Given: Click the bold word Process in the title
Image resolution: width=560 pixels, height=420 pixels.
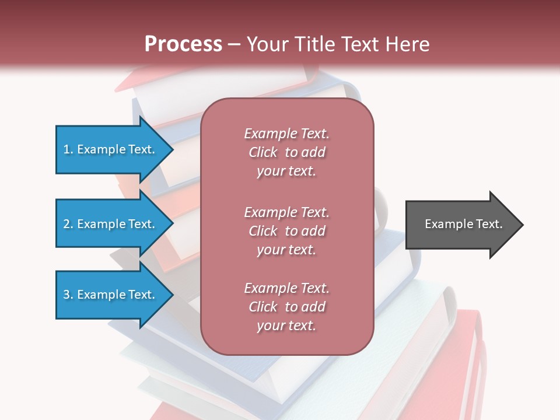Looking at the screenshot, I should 183,44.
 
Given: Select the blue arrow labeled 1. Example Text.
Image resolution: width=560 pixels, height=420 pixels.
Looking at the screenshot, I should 108,149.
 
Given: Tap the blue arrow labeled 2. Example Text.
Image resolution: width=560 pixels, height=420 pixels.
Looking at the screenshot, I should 108,224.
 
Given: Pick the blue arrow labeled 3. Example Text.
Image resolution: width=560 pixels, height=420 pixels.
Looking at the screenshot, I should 108,295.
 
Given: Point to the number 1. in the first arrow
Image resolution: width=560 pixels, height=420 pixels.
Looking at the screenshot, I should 68,149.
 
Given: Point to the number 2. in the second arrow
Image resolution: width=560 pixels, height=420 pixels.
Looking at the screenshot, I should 68,224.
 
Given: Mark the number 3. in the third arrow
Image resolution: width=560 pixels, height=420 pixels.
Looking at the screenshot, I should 68,295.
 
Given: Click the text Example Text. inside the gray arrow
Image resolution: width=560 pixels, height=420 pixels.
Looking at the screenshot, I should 463,224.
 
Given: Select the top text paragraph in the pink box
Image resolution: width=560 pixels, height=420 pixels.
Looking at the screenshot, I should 286,152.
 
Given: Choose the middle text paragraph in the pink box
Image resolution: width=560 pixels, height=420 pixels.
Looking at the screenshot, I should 286,231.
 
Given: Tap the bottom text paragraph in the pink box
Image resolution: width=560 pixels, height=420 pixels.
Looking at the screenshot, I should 286,307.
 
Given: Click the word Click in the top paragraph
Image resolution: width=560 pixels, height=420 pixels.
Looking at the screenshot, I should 263,152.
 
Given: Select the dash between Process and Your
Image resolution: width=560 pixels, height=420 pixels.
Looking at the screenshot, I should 235,44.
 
